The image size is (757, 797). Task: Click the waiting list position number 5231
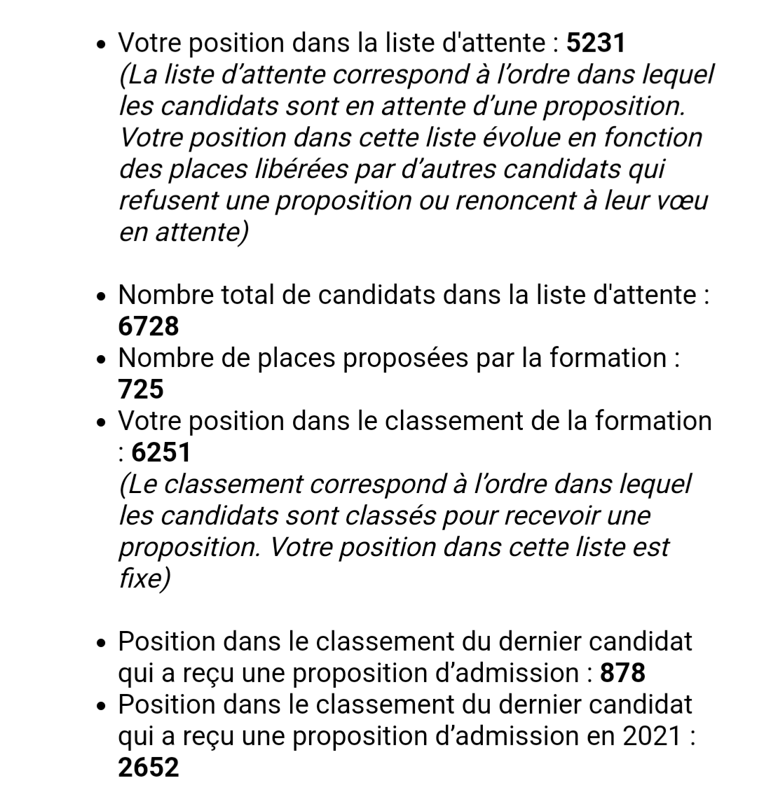(595, 43)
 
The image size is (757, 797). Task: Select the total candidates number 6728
(149, 326)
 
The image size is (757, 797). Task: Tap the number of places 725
(141, 389)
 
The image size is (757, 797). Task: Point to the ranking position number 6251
(161, 452)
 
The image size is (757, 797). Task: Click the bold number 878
(623, 673)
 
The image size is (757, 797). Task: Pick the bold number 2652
(149, 768)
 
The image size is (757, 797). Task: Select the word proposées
(399, 358)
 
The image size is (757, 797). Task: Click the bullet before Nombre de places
(102, 360)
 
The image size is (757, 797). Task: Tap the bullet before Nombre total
(102, 297)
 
